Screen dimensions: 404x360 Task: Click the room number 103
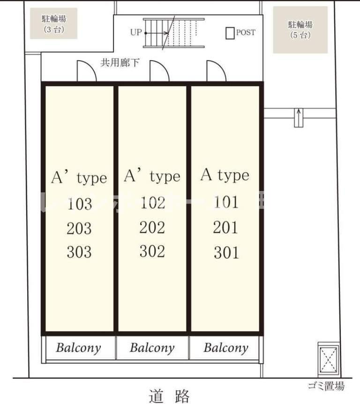[79, 204]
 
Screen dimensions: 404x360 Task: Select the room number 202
[152, 228]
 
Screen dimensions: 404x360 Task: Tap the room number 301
[226, 253]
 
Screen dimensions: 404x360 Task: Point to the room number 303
[79, 252]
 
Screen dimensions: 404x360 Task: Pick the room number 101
[226, 202]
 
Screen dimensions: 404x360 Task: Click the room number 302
[152, 252]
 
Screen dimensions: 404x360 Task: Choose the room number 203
[79, 229]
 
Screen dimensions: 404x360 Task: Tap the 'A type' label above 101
[225, 175]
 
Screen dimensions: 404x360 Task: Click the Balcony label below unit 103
[79, 348]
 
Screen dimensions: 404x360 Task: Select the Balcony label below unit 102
[152, 348]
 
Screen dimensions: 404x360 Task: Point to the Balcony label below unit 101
[225, 348]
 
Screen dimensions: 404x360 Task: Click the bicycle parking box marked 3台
[54, 23]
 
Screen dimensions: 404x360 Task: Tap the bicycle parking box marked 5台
[300, 29]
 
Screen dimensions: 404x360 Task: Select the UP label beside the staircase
[136, 33]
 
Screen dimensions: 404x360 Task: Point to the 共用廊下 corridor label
[120, 62]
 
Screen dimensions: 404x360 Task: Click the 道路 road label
[170, 396]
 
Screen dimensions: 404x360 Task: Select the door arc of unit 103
[86, 72]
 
